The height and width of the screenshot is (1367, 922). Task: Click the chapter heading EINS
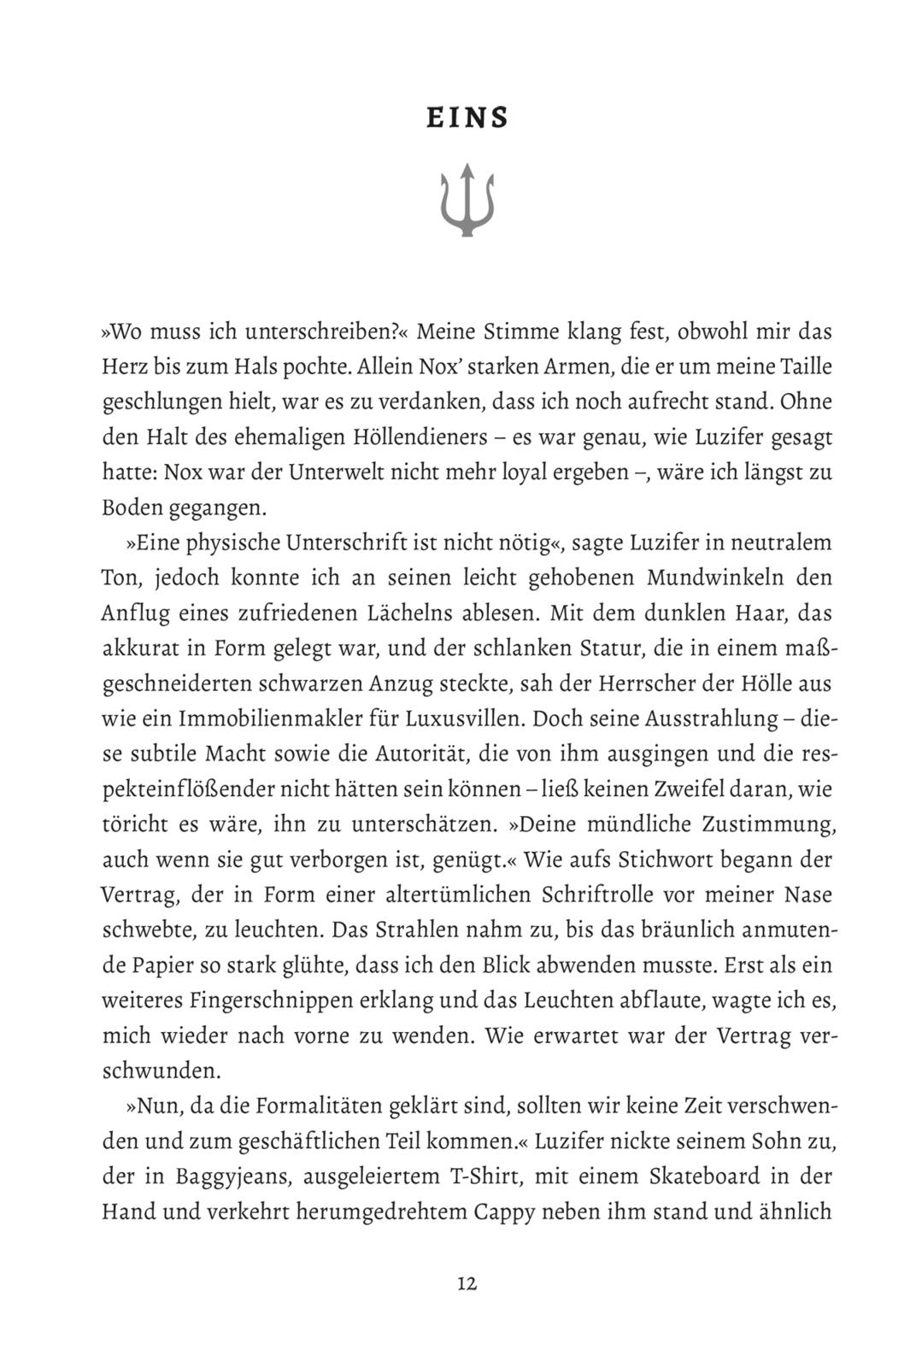pyautogui.click(x=467, y=118)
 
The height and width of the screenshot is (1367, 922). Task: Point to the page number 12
pyautogui.click(x=467, y=1283)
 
